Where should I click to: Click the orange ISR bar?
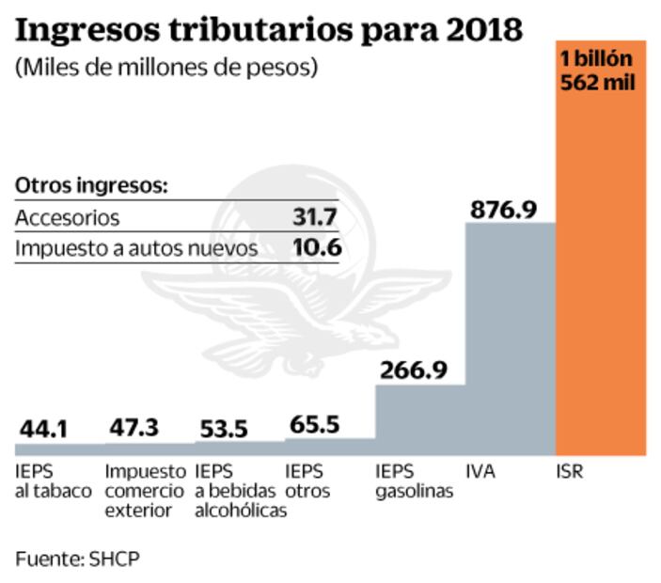click(601, 282)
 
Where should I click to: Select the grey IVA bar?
click(511, 339)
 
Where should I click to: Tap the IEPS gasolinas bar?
click(419, 419)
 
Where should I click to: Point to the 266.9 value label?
click(413, 370)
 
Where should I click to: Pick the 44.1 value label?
click(43, 429)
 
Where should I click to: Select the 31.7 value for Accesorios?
click(316, 218)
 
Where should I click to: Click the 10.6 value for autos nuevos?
click(316, 248)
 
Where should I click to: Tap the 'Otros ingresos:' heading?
click(90, 185)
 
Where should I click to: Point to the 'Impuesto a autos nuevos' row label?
click(135, 248)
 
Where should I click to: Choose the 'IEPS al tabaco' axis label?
click(53, 481)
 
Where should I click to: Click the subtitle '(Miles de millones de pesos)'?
click(166, 69)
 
